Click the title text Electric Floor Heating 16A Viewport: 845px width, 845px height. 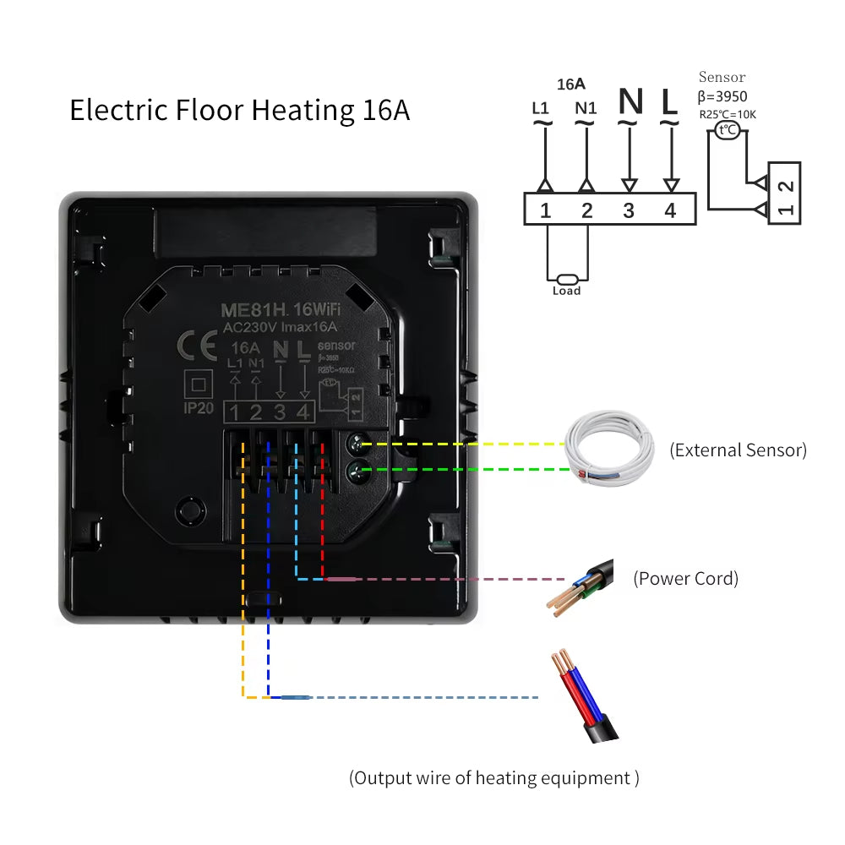point(239,111)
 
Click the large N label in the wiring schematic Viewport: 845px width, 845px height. point(630,102)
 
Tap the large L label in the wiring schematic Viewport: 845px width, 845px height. point(669,102)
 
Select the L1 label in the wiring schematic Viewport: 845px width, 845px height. point(541,108)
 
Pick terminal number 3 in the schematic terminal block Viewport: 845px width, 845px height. point(628,210)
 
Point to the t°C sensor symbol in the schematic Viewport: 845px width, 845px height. point(726,130)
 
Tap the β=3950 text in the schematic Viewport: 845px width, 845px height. point(722,96)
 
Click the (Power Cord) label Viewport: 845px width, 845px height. point(685,579)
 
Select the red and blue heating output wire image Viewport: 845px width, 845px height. point(587,696)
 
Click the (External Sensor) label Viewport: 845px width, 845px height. point(738,450)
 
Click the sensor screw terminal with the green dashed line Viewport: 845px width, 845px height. point(357,470)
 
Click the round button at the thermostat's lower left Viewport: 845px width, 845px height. point(190,510)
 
